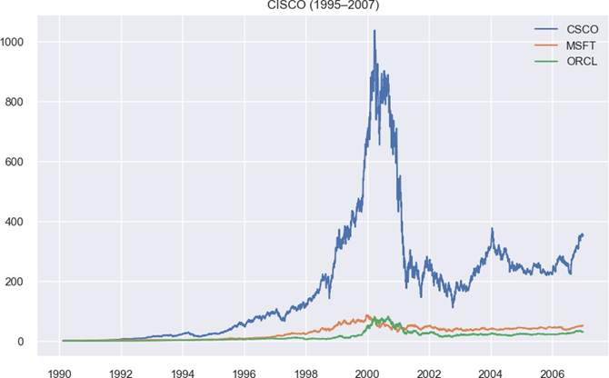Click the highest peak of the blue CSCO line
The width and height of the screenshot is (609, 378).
[x=374, y=31]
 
